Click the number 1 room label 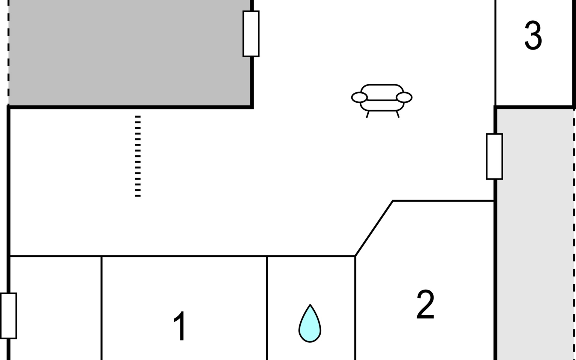tap(180, 326)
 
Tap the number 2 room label tap(425, 304)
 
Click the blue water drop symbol tap(310, 325)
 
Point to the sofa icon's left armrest tap(359, 97)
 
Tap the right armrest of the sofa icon tap(404, 97)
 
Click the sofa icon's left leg tap(367, 114)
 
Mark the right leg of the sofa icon tap(398, 114)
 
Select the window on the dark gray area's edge tap(251, 34)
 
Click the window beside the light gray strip tap(494, 156)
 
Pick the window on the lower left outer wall tap(9, 316)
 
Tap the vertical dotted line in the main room tap(138, 156)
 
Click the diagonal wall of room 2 tap(374, 228)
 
